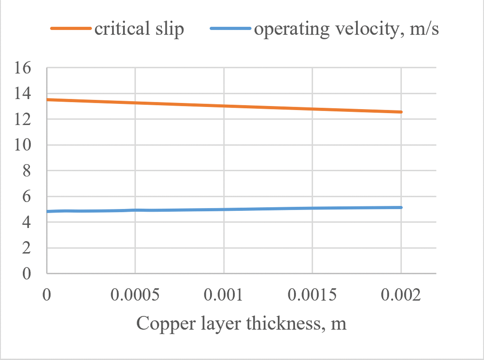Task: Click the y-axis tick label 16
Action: (x=23, y=68)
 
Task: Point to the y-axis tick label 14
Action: (x=23, y=93)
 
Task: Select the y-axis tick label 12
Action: (x=23, y=119)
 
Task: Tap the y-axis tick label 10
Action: (x=23, y=145)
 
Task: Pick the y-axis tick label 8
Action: (x=27, y=171)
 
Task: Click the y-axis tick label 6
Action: (x=27, y=196)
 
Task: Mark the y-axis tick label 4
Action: (x=27, y=222)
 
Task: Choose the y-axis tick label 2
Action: (x=27, y=248)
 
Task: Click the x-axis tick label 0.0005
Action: (x=135, y=295)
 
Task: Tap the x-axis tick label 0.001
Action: (x=223, y=295)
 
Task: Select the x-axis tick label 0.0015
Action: (x=312, y=295)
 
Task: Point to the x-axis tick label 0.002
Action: (x=401, y=295)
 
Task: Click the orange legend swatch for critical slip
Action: (x=71, y=28)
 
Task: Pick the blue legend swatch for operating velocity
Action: (x=231, y=28)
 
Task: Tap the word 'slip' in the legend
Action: (x=170, y=29)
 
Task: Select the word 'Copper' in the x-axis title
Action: (x=166, y=324)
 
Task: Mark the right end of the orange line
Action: (x=401, y=112)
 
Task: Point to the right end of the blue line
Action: (x=401, y=207)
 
